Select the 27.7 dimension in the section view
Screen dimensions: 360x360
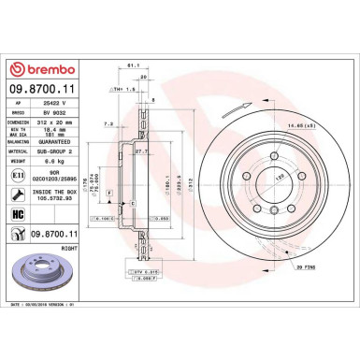pyautogui.click(x=140, y=151)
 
